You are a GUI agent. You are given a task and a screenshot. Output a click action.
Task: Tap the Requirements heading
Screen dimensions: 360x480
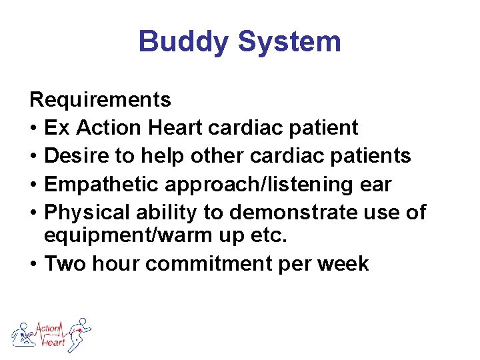click(x=101, y=100)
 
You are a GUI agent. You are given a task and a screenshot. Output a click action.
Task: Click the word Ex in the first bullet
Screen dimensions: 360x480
click(x=54, y=127)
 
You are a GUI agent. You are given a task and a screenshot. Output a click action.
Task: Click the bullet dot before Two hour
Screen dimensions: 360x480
click(x=33, y=264)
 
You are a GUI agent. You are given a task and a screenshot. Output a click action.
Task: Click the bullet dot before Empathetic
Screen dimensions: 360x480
click(x=33, y=184)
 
